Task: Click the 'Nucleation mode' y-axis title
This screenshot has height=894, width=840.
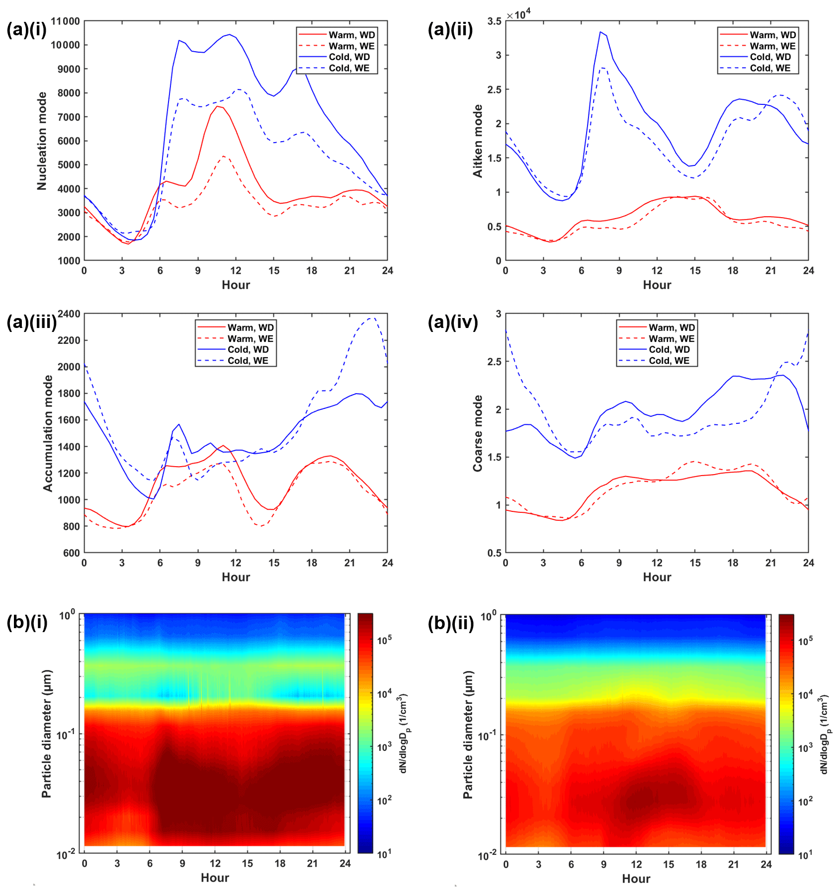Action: click(42, 141)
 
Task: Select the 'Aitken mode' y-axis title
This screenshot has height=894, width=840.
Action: click(478, 141)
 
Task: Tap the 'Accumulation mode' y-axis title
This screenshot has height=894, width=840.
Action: click(48, 433)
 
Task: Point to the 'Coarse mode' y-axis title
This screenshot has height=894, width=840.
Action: click(478, 433)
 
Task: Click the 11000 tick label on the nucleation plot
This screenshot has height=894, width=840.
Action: click(66, 21)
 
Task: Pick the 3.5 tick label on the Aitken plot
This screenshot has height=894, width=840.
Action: click(494, 21)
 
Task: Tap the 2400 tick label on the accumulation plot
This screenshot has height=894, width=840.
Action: click(69, 314)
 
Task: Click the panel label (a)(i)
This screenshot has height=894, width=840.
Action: click(26, 30)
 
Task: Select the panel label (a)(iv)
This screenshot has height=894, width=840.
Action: click(452, 323)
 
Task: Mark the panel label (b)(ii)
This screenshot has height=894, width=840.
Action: click(451, 623)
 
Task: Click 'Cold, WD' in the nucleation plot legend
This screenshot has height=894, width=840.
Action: click(349, 57)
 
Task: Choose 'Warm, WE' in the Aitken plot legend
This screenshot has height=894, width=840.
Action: click(772, 46)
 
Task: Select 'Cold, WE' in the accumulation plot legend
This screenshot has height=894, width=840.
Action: click(248, 361)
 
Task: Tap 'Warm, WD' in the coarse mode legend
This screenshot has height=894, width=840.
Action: click(672, 327)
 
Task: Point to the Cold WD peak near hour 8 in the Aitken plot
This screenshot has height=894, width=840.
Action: click(600, 32)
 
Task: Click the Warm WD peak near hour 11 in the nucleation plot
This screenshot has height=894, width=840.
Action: click(217, 106)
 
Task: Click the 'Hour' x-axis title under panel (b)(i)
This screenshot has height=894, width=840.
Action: click(215, 878)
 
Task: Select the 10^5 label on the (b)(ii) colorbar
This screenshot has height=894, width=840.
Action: click(805, 641)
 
